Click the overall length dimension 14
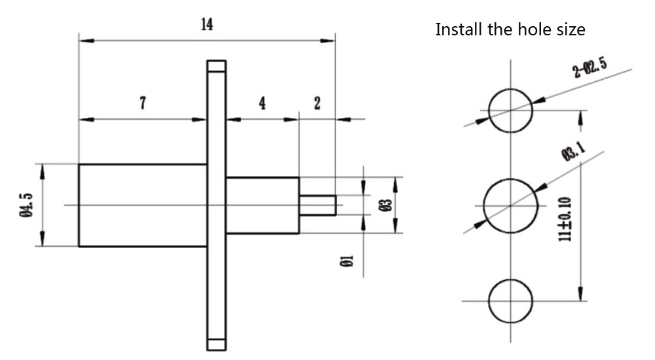[207, 25]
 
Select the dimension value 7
[143, 103]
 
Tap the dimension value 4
[262, 103]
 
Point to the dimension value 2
[317, 103]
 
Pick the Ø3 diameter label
[387, 206]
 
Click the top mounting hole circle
[511, 109]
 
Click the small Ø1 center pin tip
[318, 206]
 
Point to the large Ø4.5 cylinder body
[143, 205]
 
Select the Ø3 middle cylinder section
[263, 206]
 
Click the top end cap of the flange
[216, 66]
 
